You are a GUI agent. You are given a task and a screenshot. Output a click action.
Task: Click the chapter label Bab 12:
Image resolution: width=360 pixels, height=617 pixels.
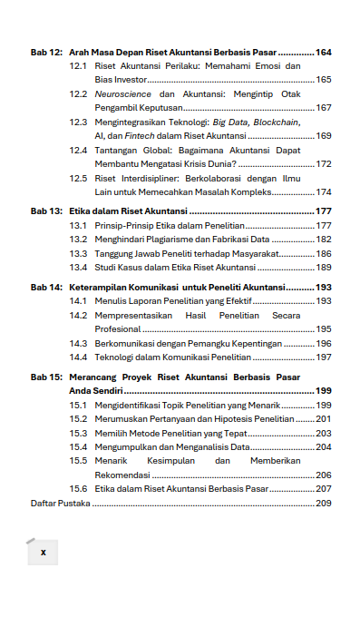pos(46,52)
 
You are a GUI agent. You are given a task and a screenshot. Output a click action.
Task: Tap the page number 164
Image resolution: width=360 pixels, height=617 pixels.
pos(324,52)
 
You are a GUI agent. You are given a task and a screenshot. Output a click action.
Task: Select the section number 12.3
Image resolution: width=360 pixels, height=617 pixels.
pos(78,122)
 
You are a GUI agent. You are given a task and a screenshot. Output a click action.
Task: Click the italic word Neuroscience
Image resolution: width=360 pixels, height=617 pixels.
pos(123,94)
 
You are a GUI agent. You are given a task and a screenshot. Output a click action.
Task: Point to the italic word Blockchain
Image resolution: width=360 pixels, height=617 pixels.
pos(273,122)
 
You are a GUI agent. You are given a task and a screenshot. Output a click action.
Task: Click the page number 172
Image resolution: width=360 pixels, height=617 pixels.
pos(324,164)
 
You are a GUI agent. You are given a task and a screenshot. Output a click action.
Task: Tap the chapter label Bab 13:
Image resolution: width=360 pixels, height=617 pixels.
pos(46,211)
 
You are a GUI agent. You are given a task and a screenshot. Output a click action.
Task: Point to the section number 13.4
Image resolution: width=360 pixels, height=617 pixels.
pos(78,268)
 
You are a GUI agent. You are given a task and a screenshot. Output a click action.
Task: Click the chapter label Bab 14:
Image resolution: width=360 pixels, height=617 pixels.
pos(46,287)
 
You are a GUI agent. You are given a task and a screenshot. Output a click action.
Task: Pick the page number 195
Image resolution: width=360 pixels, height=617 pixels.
pos(324,329)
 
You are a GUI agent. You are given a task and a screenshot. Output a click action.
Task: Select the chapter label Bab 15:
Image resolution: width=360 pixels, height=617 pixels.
pos(46,376)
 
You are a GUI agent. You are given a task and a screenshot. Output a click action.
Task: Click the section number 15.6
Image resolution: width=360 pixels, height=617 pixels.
pos(78,488)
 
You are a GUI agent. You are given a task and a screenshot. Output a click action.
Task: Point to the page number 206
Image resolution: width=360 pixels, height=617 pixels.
pos(324,475)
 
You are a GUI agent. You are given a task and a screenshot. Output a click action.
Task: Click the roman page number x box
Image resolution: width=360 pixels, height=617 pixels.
pos(43,551)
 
